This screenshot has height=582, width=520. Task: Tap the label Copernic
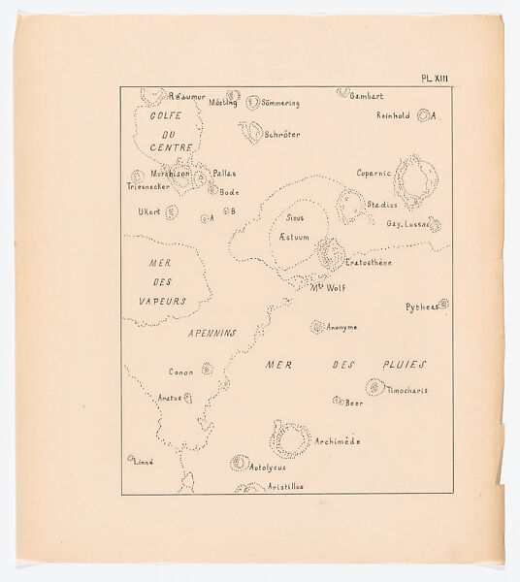(x=374, y=174)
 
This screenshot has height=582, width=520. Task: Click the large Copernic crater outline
(x=416, y=181)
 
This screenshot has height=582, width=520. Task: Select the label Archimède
(x=338, y=441)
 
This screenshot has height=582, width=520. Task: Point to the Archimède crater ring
(x=289, y=438)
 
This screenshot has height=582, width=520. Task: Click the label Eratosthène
(x=369, y=263)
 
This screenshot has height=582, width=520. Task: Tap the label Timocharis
(x=407, y=390)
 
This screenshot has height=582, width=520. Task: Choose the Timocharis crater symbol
(x=374, y=387)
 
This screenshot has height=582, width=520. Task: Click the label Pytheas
(x=421, y=307)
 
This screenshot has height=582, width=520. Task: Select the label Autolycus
(x=270, y=468)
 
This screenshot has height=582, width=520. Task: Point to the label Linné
(x=144, y=462)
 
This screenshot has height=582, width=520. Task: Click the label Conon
(x=181, y=372)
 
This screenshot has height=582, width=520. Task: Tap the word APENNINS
(x=211, y=333)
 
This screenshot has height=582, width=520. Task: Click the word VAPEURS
(x=162, y=301)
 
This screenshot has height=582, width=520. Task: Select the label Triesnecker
(x=149, y=185)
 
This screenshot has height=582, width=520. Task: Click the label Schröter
(x=282, y=135)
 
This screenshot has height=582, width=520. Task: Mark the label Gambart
(x=367, y=96)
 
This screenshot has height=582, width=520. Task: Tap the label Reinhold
(x=395, y=115)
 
